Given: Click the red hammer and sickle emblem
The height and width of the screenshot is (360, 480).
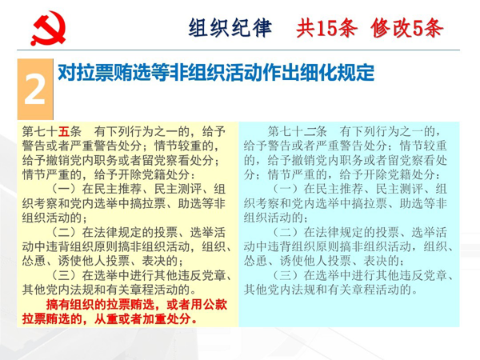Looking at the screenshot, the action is (x=48, y=28).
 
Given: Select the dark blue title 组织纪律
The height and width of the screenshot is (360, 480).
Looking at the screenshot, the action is (x=230, y=28).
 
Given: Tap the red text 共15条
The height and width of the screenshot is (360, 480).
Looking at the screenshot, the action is (x=326, y=28).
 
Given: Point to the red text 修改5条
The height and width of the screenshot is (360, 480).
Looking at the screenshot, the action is (x=407, y=28).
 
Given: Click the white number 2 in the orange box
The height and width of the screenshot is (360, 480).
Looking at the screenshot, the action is (x=35, y=90).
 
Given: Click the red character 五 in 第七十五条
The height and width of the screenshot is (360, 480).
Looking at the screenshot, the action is (x=64, y=132).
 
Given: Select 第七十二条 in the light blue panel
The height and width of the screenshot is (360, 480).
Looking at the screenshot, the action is (x=298, y=132).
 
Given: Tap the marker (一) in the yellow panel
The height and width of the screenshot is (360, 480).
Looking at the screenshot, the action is (x=64, y=189).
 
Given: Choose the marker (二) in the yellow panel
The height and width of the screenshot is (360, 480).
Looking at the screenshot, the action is (x=64, y=232).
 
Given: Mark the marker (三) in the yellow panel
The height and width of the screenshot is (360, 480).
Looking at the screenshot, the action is (x=64, y=275).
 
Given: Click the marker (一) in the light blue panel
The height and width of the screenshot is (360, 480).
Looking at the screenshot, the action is (x=286, y=189).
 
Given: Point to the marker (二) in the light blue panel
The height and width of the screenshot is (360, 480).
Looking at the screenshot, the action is (x=286, y=232).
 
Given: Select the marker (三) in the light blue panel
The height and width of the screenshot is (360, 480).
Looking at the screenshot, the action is (x=286, y=275).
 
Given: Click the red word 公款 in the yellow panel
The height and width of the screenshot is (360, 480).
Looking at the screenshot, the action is (x=215, y=305).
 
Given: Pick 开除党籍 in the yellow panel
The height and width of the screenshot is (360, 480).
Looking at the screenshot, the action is (x=142, y=174).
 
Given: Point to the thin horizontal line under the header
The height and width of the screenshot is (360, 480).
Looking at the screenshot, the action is (x=238, y=50).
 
